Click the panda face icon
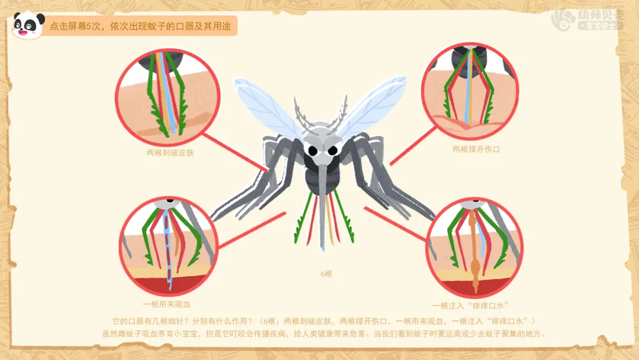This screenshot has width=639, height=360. point(27,25)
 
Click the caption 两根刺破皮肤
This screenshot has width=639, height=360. point(170,152)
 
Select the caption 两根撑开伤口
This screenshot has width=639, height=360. point(476,149)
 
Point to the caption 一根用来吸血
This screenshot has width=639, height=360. point(167,304)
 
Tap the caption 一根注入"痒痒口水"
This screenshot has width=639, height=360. point(471,306)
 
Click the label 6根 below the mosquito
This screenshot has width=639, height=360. point(327,274)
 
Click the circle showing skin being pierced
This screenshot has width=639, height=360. point(167,98)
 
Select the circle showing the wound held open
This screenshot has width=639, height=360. point(470,91)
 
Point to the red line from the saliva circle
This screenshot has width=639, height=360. point(393,223)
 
